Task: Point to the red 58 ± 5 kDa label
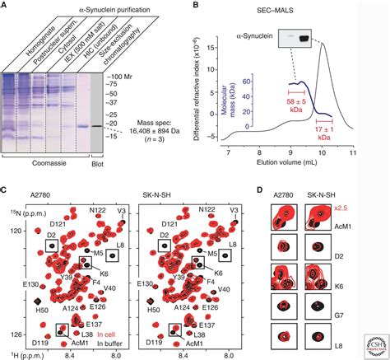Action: (x=303, y=106)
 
